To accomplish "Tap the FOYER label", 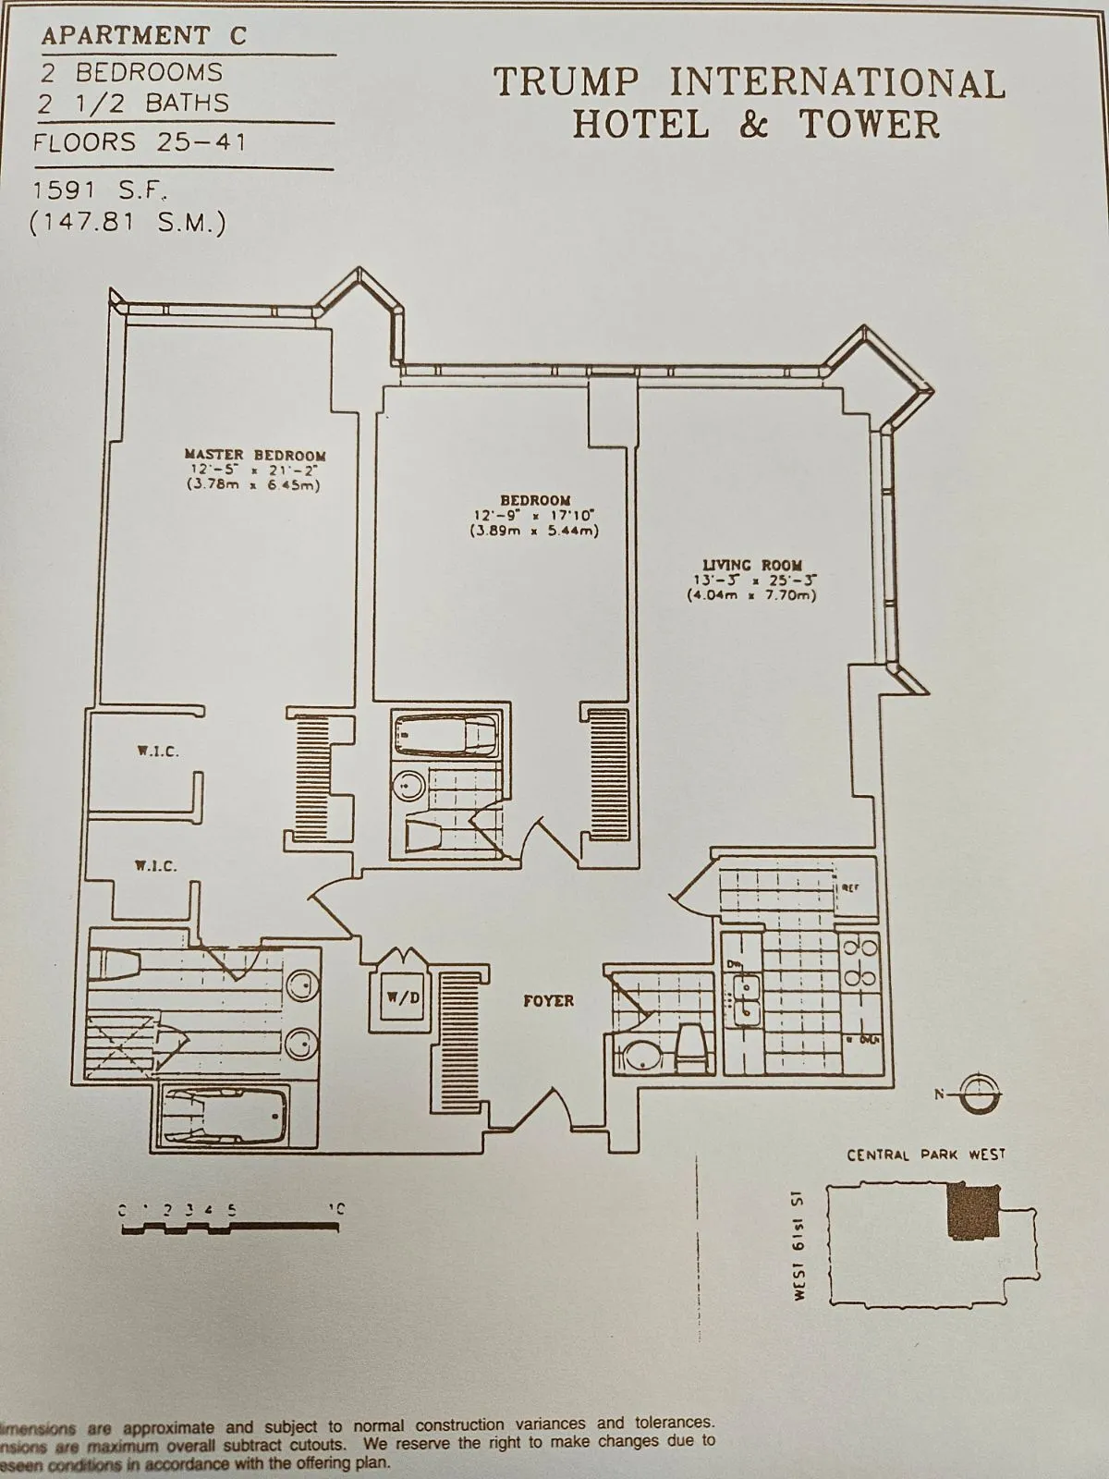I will point(548,1000).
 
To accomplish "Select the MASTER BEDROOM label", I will point(255,454).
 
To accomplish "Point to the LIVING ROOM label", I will point(752,565).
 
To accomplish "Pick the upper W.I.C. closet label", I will point(158,752).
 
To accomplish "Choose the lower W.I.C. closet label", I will point(155,866).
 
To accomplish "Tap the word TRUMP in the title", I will point(567,83).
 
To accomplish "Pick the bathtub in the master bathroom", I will point(225,1117).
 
